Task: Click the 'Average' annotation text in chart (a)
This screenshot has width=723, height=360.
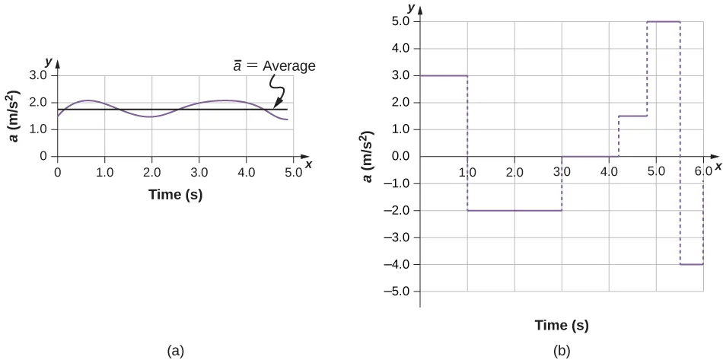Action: click(288, 66)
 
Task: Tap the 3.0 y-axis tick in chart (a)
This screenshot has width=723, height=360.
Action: click(37, 76)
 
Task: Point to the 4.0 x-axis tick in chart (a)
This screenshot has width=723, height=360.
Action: click(246, 172)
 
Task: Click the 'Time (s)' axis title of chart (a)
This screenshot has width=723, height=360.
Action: click(175, 195)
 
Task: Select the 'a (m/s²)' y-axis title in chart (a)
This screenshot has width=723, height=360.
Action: click(14, 116)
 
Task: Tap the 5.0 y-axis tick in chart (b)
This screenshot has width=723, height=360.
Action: click(400, 21)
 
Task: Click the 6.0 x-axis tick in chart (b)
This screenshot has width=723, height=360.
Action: click(703, 172)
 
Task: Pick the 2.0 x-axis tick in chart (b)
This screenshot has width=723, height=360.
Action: click(514, 172)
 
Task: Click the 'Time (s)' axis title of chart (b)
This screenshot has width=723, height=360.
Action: click(562, 325)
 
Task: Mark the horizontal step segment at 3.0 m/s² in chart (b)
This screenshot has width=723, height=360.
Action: click(444, 75)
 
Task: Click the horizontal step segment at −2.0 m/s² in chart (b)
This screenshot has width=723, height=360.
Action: click(514, 210)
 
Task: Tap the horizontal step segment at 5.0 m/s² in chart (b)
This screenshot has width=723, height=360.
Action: click(663, 21)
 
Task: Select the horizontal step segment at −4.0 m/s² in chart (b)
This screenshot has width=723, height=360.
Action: click(691, 264)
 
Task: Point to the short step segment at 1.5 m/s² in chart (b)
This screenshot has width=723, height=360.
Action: click(633, 116)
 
